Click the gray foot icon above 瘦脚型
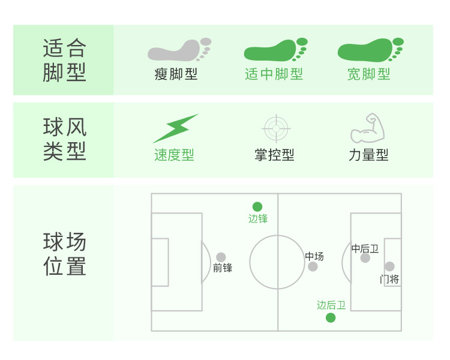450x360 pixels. (179, 50)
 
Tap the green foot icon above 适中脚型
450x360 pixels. (275, 50)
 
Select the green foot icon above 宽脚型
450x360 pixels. (370, 50)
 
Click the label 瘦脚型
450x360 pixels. (176, 74)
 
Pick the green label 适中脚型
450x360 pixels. (274, 74)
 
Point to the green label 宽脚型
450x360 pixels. (369, 74)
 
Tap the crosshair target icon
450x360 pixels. (276, 128)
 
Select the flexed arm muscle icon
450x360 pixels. (367, 128)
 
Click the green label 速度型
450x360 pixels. (174, 155)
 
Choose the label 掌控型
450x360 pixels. (274, 155)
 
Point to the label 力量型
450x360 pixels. (368, 155)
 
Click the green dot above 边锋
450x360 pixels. (257, 206)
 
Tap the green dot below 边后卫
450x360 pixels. (331, 318)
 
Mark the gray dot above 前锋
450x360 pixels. (221, 257)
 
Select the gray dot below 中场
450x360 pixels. (313, 266)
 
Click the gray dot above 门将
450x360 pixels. (389, 266)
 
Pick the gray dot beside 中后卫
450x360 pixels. (365, 258)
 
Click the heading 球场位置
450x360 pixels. (65, 254)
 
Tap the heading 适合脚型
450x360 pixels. (65, 60)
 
